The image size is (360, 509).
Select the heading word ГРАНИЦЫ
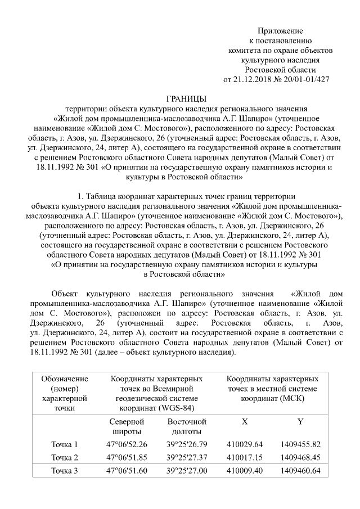coord(186,98)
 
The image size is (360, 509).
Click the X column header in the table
coord(244,421)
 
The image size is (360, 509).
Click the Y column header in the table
coord(300,421)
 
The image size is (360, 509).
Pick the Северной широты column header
coord(127,426)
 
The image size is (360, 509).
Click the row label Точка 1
coord(65,444)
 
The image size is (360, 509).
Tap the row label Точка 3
coord(65,471)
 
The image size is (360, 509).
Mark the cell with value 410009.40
coord(244,471)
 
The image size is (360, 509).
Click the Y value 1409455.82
coord(300,444)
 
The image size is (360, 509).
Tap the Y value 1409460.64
coord(300,471)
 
